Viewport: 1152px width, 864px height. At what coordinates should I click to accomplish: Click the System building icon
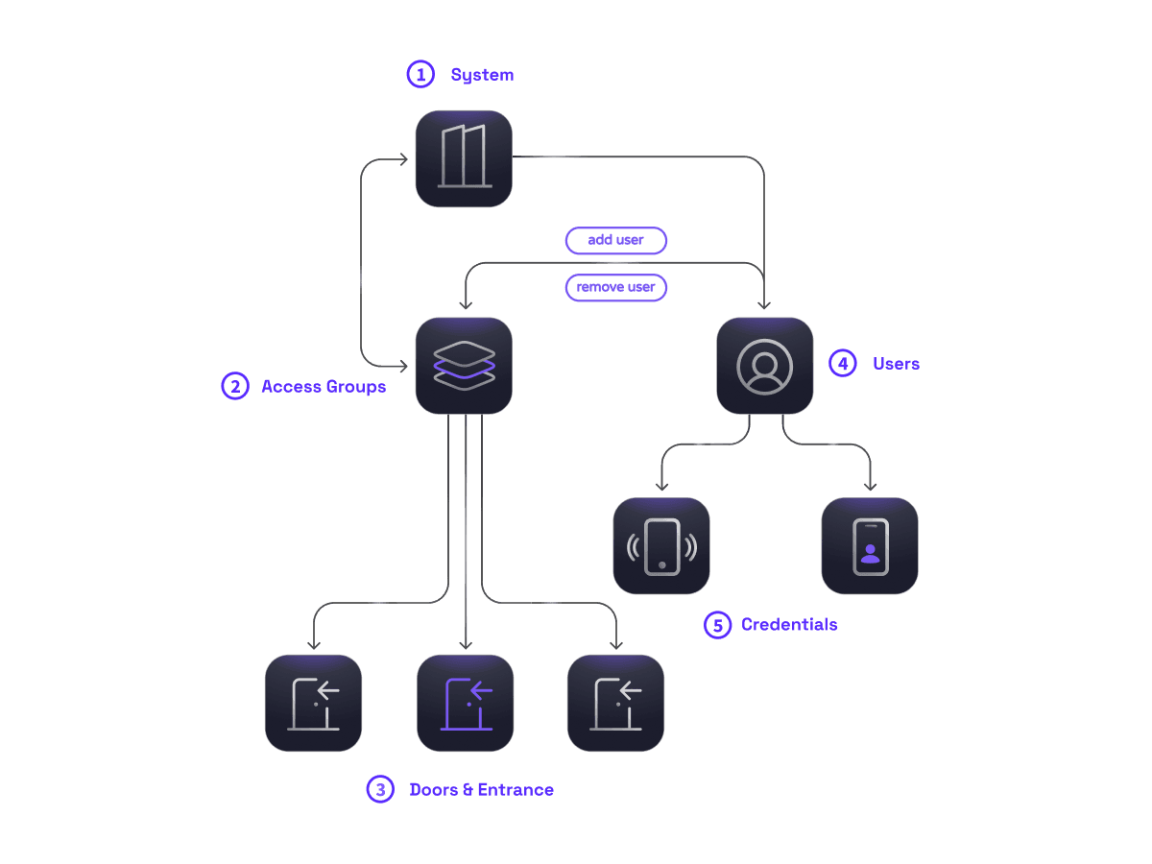pyautogui.click(x=464, y=158)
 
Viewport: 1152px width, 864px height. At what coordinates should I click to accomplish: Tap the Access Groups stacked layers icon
pyautogui.click(x=464, y=366)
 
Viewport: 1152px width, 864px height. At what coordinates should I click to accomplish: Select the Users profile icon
pyautogui.click(x=765, y=366)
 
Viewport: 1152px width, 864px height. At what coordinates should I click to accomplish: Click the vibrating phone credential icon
pyautogui.click(x=661, y=545)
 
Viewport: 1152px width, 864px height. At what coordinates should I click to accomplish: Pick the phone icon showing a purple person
pyautogui.click(x=870, y=545)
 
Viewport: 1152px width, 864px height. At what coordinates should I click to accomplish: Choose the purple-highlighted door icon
pyautogui.click(x=466, y=703)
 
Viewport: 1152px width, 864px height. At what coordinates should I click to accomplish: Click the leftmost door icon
pyautogui.click(x=313, y=703)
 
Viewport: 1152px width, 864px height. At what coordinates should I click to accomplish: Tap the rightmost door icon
pyautogui.click(x=615, y=703)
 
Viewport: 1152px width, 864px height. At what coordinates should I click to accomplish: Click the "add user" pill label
pyautogui.click(x=616, y=240)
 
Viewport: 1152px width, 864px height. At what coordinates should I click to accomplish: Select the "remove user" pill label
pyautogui.click(x=616, y=287)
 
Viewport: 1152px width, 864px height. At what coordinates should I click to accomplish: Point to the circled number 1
pyautogui.click(x=420, y=75)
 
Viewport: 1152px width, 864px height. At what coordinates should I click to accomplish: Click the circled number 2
pyautogui.click(x=234, y=386)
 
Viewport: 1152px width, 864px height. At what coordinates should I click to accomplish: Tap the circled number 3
pyautogui.click(x=380, y=790)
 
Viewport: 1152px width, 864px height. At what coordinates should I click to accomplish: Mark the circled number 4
pyautogui.click(x=842, y=364)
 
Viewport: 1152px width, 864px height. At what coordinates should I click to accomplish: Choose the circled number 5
pyautogui.click(x=717, y=625)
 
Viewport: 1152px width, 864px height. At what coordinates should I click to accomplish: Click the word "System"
pyautogui.click(x=483, y=75)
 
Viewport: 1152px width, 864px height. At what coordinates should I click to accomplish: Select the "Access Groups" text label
pyautogui.click(x=324, y=387)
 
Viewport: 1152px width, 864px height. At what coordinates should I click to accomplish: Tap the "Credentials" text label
pyautogui.click(x=789, y=625)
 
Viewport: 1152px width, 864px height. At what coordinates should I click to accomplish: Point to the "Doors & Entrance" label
pyautogui.click(x=482, y=790)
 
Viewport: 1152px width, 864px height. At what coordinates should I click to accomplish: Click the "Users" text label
pyautogui.click(x=896, y=364)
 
